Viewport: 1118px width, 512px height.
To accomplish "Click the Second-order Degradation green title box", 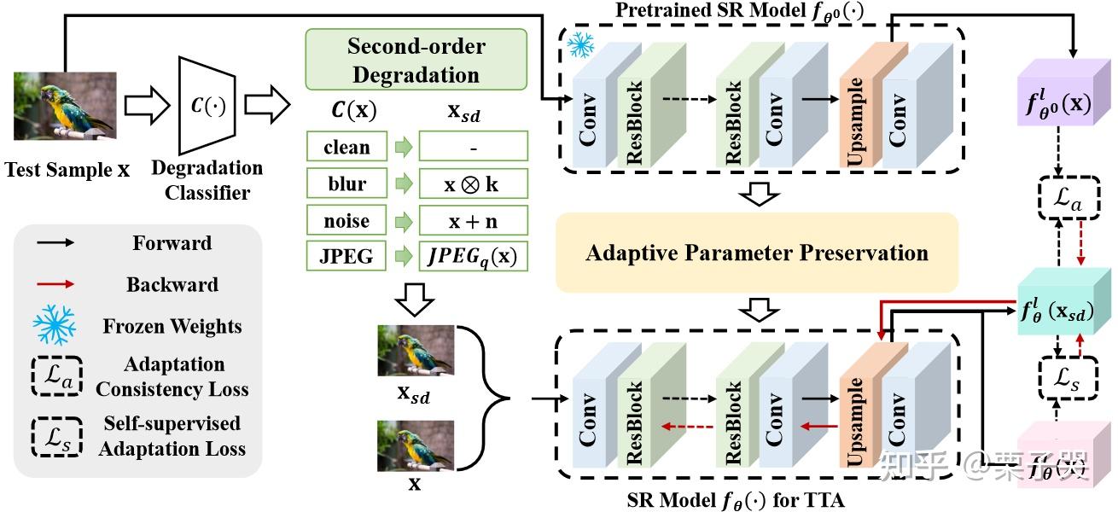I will click(416, 60).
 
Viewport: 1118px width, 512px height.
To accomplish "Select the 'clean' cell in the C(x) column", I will click(346, 147).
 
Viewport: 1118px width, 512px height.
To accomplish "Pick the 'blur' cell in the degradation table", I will click(346, 183).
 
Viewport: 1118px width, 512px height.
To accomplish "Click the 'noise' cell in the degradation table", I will click(346, 221).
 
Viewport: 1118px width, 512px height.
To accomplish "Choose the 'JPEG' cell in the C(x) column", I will click(346, 256).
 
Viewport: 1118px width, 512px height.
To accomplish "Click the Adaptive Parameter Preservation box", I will click(756, 253).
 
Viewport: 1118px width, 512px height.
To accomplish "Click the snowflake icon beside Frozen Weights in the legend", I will click(55, 325).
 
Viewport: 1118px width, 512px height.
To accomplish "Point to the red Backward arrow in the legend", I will click(55, 284).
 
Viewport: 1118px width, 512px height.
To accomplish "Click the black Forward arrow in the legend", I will click(55, 243).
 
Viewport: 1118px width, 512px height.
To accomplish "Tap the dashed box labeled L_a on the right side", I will click(1062, 201).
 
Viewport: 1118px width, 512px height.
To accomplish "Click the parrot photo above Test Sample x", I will click(65, 106).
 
